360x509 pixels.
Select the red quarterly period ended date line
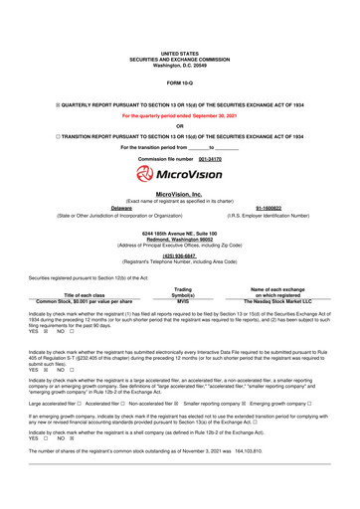click(x=180, y=115)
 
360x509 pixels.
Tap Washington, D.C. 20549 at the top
click(x=180, y=64)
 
